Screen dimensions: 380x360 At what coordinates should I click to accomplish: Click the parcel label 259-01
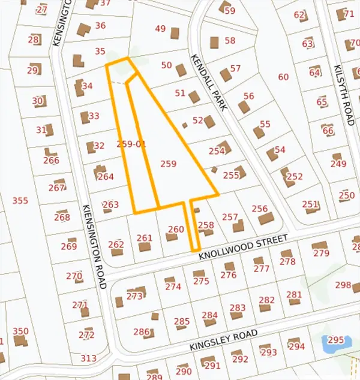pos(132,144)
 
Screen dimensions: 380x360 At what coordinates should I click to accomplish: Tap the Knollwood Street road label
pos(244,246)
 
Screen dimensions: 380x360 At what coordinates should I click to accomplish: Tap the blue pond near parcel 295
pos(331,345)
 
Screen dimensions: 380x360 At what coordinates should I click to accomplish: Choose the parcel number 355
pos(20,200)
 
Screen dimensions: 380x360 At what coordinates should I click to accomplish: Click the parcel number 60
pos(283,77)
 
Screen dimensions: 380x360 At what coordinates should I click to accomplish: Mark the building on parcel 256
pos(266,218)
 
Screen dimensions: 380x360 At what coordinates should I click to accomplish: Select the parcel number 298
pos(343,285)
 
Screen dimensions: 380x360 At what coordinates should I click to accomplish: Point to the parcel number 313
pos(88,358)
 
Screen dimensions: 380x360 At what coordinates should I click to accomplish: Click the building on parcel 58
pos(215,42)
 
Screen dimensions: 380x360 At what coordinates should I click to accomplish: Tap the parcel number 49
pos(160,29)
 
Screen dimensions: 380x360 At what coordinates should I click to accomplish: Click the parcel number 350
pos(20,331)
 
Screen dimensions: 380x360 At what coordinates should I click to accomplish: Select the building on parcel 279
pos(319,245)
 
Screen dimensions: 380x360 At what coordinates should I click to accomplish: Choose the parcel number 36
pos(100,25)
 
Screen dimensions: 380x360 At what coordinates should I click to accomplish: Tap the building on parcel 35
pos(77,60)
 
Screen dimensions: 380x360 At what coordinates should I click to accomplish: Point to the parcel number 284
pos(209,315)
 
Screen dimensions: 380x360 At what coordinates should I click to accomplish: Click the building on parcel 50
pos(181,70)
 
